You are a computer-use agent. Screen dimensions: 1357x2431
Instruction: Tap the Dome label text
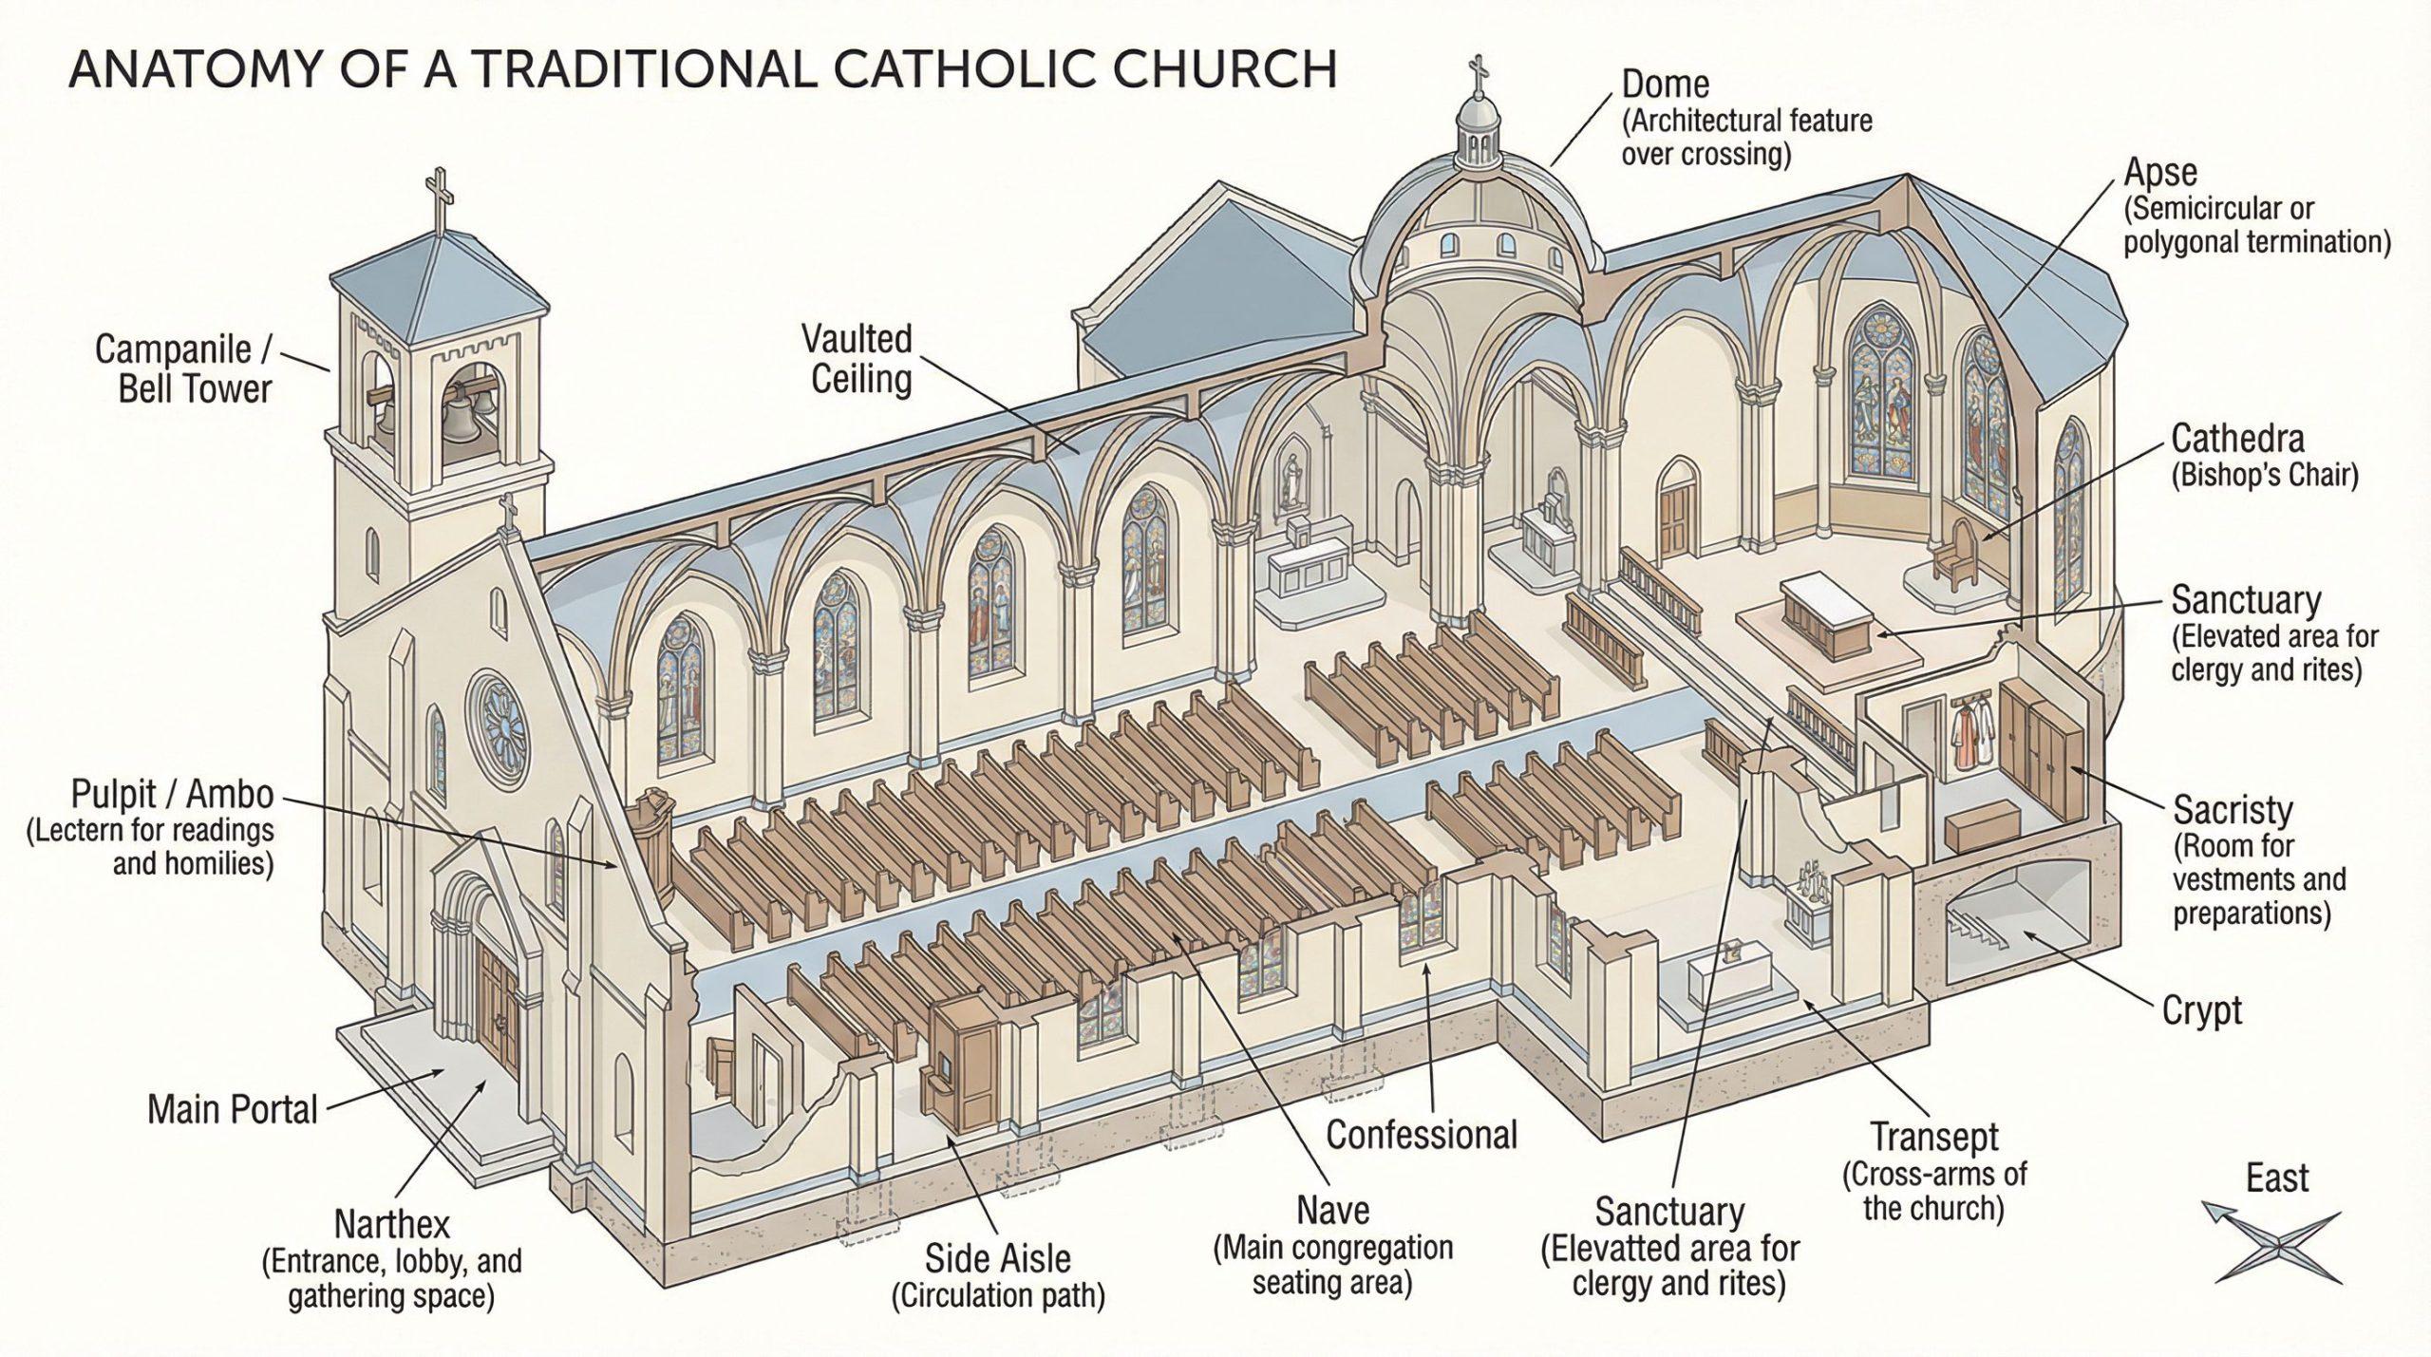1665,85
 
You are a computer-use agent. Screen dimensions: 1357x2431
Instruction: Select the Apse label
2160,174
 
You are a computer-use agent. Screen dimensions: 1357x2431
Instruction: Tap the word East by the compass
2277,1178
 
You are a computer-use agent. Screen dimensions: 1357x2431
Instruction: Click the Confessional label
1422,1134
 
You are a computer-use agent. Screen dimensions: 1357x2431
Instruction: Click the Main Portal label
233,1109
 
